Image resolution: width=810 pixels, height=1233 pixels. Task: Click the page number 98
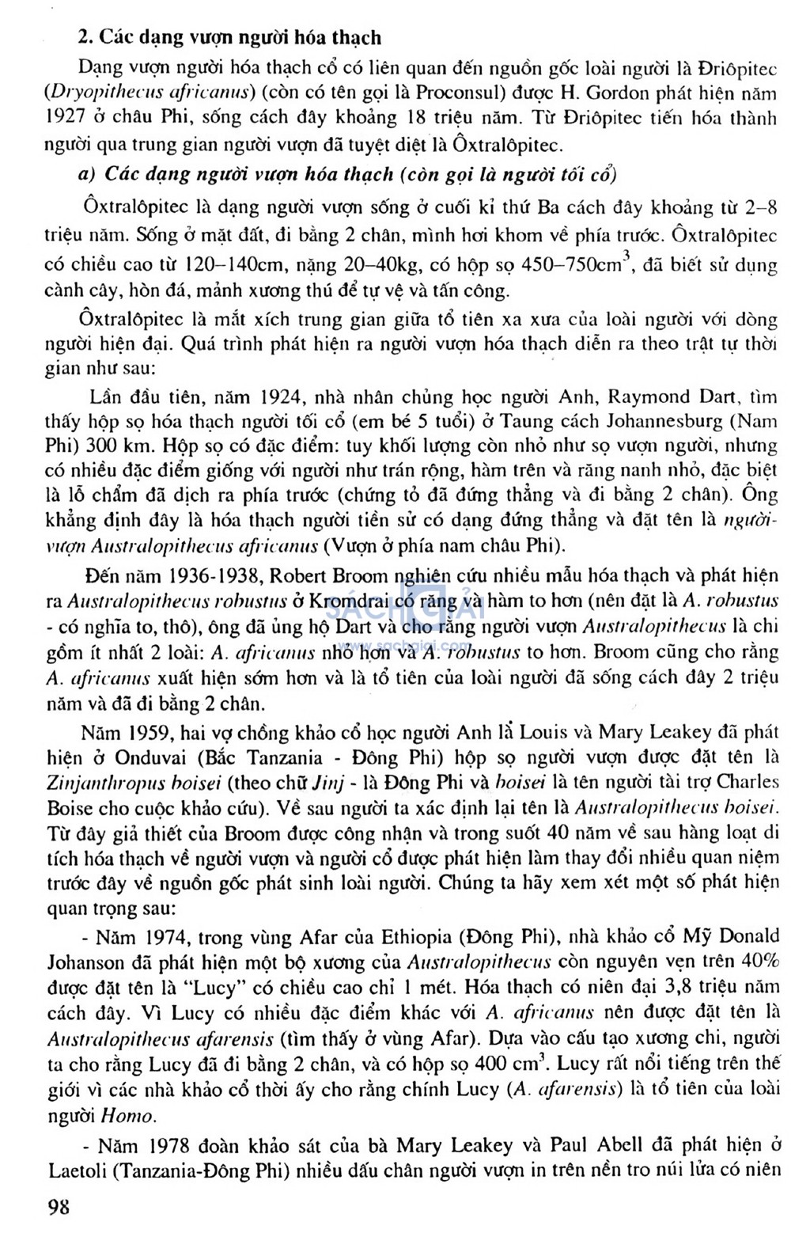click(59, 1205)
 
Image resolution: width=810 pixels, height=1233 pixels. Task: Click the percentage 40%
click(762, 962)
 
